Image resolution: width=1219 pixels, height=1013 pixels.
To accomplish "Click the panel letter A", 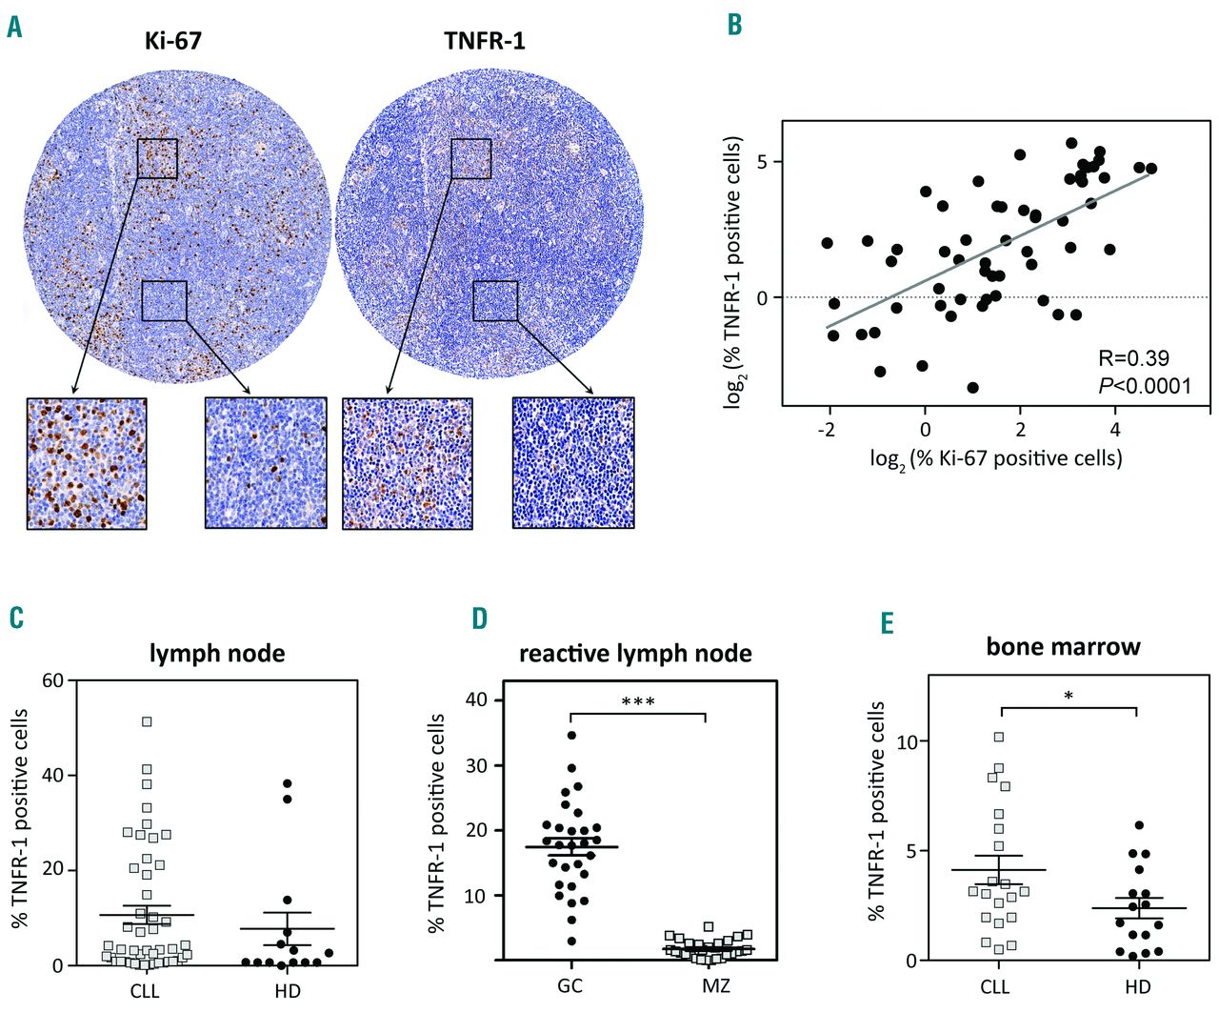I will tap(14, 26).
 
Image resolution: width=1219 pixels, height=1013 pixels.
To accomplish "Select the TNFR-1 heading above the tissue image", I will tap(484, 41).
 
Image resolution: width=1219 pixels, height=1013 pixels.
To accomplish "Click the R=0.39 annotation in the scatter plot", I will tap(1133, 358).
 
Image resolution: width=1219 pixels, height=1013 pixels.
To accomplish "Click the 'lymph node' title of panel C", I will tap(217, 654).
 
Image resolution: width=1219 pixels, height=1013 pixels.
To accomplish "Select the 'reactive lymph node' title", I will tap(635, 654).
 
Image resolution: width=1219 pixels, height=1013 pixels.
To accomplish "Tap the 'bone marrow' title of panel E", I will tap(1063, 647).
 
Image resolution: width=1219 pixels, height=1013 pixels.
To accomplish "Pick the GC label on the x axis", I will tap(570, 985).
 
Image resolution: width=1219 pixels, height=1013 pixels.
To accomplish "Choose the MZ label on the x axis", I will tap(716, 985).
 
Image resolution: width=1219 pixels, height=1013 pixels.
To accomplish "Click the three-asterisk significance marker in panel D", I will tap(637, 702).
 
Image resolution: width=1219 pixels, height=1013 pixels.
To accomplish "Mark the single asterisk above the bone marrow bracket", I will tap(1069, 697).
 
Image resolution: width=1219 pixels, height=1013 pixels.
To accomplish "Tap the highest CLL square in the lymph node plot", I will tap(147, 721).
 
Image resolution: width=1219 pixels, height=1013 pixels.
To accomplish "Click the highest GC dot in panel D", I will tap(571, 735).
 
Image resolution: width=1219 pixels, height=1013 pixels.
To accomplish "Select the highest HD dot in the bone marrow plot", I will tap(1137, 825).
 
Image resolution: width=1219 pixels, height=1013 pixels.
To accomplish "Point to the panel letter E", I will tap(888, 623).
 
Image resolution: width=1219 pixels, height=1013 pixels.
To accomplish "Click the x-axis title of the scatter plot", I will tap(995, 458).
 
